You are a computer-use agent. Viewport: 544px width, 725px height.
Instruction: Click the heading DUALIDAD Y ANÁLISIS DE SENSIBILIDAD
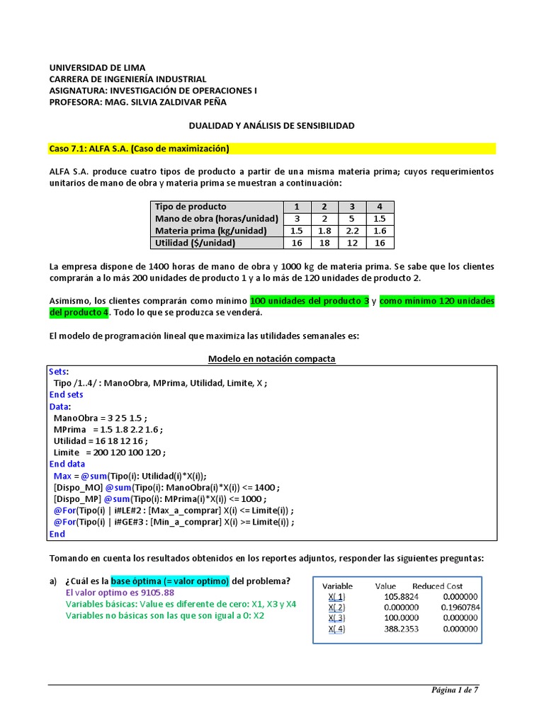[271, 125]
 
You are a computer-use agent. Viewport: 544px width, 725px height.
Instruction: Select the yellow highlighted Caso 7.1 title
[140, 149]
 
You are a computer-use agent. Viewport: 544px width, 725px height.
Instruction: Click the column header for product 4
[379, 207]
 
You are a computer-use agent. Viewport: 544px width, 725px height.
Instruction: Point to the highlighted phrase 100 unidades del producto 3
[310, 301]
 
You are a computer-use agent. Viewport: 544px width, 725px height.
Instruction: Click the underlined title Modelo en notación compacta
[271, 359]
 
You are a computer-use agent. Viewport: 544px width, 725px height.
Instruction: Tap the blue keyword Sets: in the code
[59, 371]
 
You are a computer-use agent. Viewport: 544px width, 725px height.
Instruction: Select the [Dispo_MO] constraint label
[77, 487]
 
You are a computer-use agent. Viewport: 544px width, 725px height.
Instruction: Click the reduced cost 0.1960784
[460, 607]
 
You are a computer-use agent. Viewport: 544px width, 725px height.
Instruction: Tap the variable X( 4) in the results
[336, 629]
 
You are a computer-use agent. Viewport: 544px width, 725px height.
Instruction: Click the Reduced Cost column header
[437, 586]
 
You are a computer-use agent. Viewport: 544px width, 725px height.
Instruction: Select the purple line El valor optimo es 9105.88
[120, 593]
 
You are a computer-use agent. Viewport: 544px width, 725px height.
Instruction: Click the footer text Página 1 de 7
[455, 690]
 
